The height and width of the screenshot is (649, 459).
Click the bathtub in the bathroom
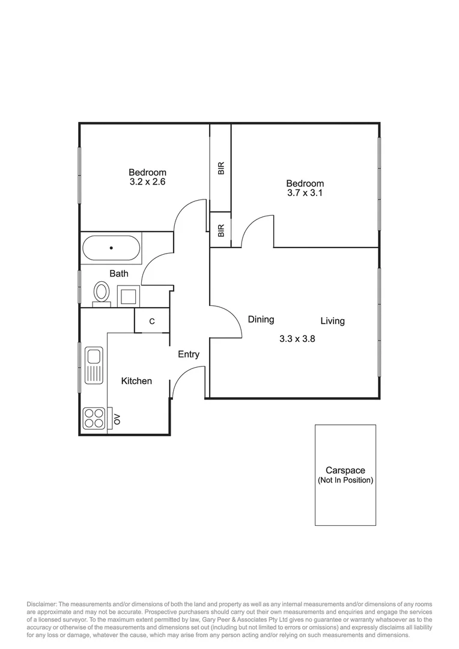pos(111,248)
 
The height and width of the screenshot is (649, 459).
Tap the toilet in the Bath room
pos(102,293)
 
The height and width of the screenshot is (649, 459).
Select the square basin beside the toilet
pos(128,296)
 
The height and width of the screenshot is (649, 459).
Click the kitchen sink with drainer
pos(94,364)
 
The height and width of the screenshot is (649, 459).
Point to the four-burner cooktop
pos(94,418)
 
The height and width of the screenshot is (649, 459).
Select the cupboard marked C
pos(151,321)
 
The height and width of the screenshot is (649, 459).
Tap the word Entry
pos(188,355)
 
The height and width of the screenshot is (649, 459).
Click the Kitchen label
pos(136,381)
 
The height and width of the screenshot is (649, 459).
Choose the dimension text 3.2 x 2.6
pos(147,182)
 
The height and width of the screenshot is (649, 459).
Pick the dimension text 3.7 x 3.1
pos(305,193)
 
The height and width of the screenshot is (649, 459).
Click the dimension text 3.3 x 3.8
pos(297,338)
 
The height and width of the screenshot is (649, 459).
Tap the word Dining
pos(261,320)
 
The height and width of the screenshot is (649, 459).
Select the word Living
pos(332,321)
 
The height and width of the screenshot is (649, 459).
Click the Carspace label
pos(345,471)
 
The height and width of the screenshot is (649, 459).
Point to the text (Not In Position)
pos(345,481)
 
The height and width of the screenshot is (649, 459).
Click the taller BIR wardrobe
pos(220,168)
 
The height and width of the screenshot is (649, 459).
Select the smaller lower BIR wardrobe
pos(220,230)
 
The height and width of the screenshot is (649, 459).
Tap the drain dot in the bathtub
pos(111,248)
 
